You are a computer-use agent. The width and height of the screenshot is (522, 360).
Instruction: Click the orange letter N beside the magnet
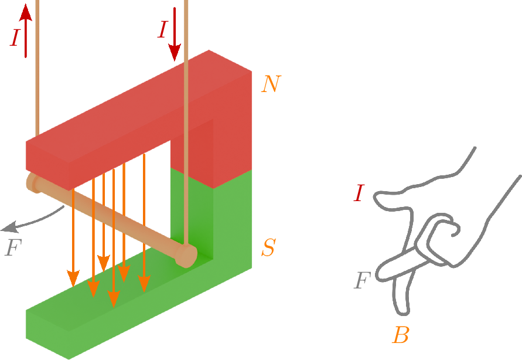coord(271,84)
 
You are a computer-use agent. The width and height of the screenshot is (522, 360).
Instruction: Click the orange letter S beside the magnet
coord(268,249)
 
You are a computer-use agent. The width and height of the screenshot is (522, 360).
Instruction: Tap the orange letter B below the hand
coord(401,336)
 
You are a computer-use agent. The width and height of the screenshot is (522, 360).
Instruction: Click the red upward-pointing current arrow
coord(26,29)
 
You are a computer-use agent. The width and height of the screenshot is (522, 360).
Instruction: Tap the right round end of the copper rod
coord(187,256)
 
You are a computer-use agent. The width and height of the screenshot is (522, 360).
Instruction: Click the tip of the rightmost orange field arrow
coord(144,287)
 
